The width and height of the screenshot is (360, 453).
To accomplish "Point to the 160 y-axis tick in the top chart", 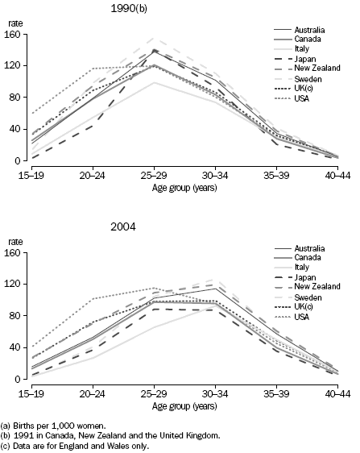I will [x=11, y=34].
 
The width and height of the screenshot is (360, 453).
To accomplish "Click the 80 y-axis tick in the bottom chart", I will [x=14, y=315].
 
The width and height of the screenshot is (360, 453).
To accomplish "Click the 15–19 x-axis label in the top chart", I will [x=30, y=173].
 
